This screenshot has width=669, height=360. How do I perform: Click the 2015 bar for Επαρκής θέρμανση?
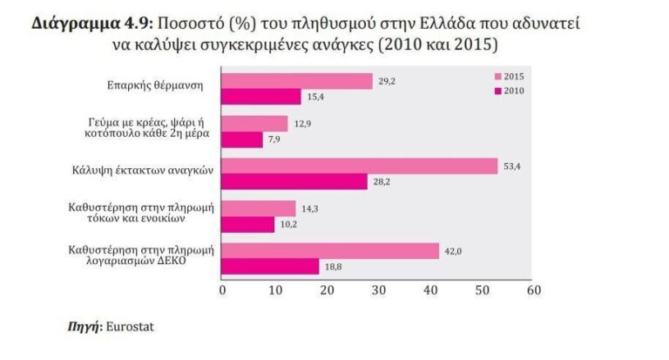click(298, 81)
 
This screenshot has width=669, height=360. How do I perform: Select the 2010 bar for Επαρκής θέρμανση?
click(262, 96)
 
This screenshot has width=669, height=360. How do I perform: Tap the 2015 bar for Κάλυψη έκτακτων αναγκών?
click(361, 166)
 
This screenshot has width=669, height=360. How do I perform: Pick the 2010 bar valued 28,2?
click(295, 180)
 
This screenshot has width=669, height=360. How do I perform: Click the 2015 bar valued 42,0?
click(331, 251)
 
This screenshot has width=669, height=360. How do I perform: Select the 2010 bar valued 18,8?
click(271, 266)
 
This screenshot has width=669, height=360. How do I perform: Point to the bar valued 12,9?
click(255, 124)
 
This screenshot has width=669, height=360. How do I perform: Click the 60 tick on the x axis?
click(534, 289)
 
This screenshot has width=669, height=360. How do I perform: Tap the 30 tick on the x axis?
click(378, 289)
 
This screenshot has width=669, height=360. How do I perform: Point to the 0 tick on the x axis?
click(223, 289)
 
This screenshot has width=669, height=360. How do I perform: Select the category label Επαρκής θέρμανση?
click(158, 87)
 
